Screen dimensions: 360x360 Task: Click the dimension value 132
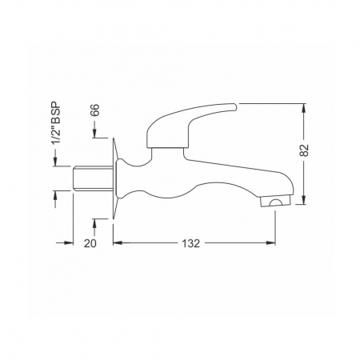191,243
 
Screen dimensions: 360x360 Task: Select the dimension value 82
304,150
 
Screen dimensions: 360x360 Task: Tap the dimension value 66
94,110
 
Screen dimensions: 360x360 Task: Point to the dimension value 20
90,243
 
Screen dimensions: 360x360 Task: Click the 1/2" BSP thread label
56,123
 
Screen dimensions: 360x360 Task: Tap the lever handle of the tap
191,125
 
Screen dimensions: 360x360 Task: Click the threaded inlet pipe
92,178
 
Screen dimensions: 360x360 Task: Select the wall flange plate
115,178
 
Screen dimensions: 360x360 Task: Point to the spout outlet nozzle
276,202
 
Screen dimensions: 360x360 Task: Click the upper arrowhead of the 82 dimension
304,108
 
